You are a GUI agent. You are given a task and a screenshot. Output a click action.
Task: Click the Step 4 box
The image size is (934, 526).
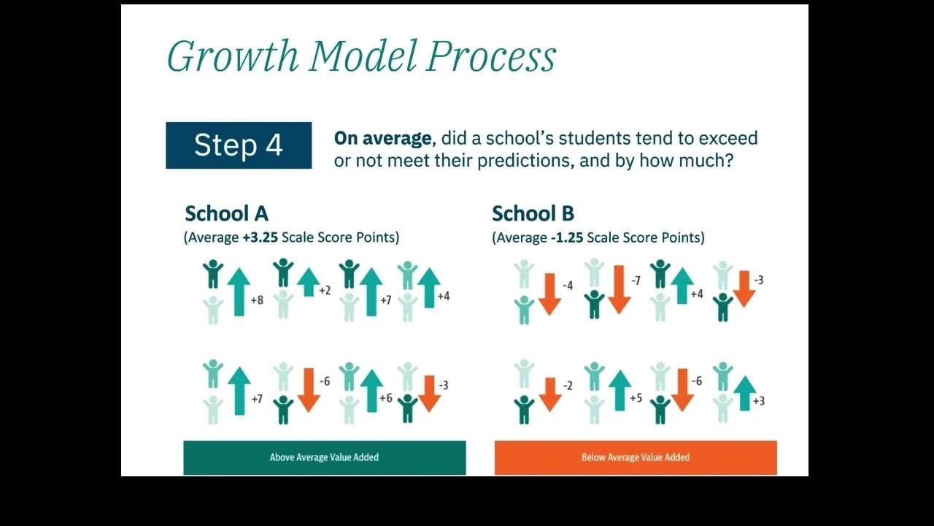click(x=239, y=145)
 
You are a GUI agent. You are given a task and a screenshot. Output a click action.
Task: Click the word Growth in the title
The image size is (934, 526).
click(x=232, y=56)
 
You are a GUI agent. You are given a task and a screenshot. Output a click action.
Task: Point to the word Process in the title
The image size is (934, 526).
click(x=491, y=56)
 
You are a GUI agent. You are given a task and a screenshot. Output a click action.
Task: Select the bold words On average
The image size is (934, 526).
click(x=382, y=138)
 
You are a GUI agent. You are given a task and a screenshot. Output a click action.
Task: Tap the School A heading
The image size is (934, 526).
click(x=226, y=213)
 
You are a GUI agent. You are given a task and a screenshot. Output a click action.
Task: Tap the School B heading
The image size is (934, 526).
click(x=533, y=213)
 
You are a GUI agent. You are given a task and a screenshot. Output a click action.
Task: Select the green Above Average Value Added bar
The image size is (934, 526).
click(x=324, y=457)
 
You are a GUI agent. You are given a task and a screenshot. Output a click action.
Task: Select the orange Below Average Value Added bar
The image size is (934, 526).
click(x=636, y=457)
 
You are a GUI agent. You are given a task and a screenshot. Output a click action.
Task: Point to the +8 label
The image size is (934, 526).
click(x=257, y=300)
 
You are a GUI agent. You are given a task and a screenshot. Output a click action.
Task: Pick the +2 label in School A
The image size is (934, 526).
click(x=325, y=291)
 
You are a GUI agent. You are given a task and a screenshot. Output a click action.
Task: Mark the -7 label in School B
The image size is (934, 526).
click(x=635, y=281)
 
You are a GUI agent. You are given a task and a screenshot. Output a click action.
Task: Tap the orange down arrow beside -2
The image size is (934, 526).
click(x=549, y=394)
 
